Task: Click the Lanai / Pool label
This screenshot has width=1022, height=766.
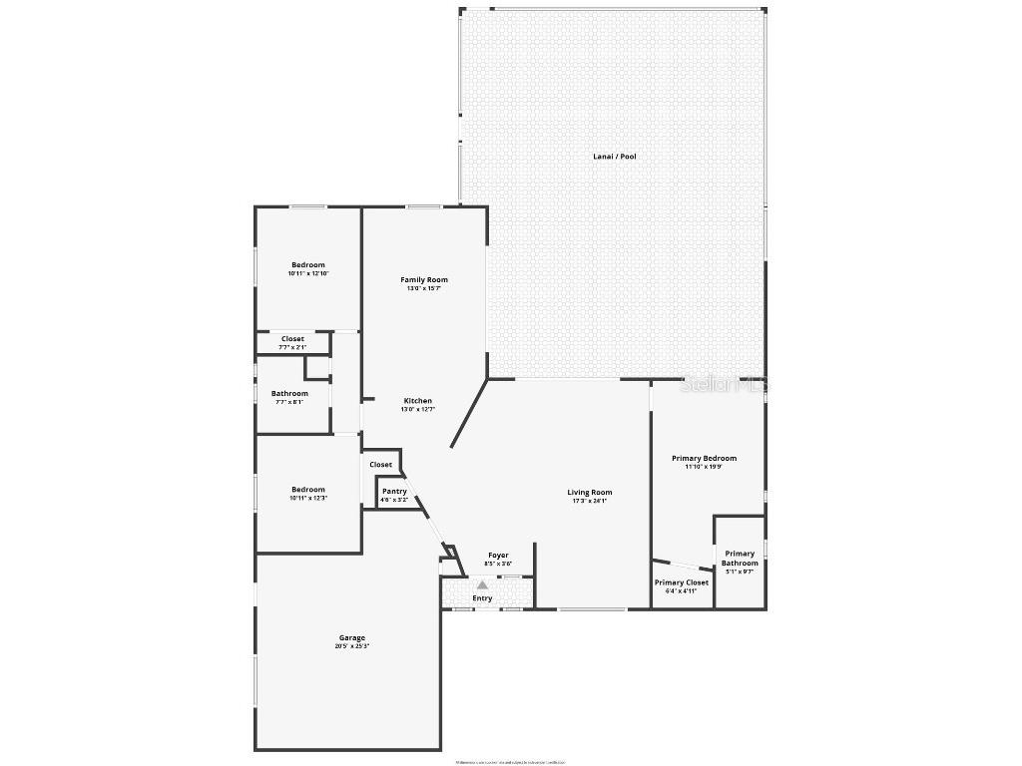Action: [x=614, y=157]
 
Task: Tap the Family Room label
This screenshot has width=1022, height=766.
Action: [x=424, y=280]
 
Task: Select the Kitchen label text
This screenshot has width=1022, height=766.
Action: [x=417, y=401]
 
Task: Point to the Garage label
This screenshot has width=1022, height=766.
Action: [x=350, y=638]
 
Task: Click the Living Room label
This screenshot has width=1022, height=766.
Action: [x=590, y=493]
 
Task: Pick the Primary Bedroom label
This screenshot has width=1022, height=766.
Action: [x=704, y=459]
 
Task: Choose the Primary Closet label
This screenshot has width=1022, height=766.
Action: [x=682, y=582]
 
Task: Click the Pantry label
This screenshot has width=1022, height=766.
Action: [x=394, y=491]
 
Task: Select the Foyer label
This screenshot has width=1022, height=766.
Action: [x=498, y=556]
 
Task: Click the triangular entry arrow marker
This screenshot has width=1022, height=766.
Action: [x=482, y=585]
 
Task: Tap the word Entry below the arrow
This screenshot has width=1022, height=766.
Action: [x=482, y=598]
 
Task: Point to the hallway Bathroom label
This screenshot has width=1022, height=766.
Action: [x=289, y=394]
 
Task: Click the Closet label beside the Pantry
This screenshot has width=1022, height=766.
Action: [x=381, y=465]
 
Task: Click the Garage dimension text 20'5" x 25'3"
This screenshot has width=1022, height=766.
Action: [x=351, y=646]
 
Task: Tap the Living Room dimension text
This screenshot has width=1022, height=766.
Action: [x=590, y=501]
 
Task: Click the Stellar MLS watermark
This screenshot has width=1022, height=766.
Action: [x=725, y=384]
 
